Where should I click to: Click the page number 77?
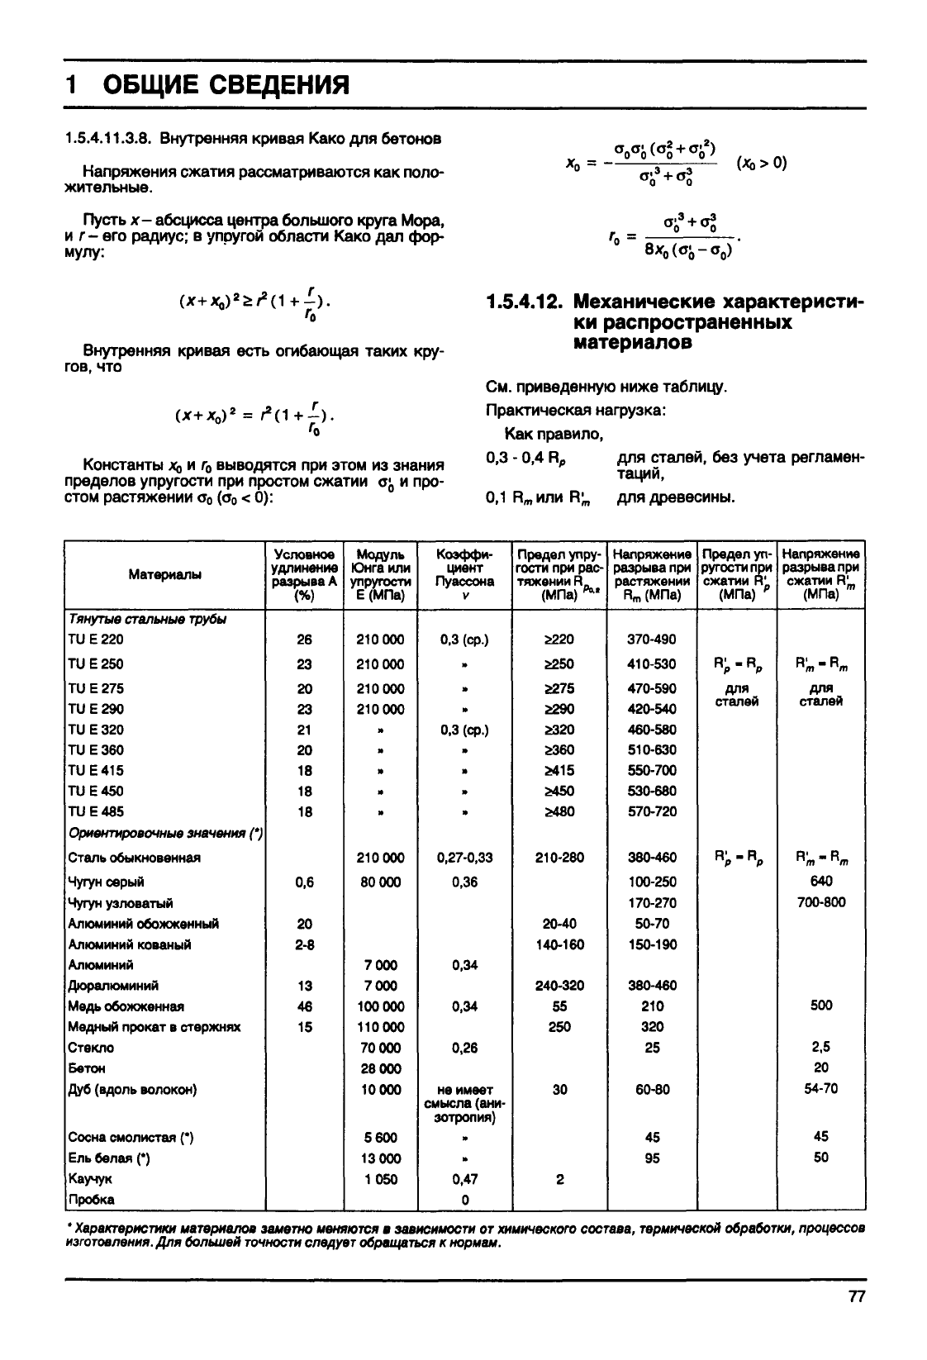855,1296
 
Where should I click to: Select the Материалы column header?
164,574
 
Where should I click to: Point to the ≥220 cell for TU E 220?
559,640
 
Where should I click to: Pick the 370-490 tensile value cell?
652,640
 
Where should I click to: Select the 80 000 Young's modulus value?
380,882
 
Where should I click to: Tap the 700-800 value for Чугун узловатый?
820,901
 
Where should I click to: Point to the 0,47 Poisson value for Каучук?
464,1179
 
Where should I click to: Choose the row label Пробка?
92,1199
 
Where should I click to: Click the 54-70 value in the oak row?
820,1088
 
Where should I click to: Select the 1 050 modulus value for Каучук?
380,1179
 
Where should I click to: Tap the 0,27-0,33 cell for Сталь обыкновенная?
464,858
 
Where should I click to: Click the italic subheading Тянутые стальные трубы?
147,619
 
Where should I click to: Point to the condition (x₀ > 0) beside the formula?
761,163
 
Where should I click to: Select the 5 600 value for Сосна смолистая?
380,1138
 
